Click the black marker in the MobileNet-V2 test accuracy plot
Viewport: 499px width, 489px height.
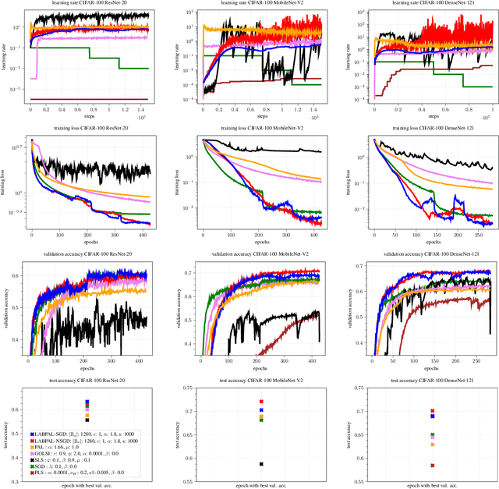pos(261,464)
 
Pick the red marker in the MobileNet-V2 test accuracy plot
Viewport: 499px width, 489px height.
pos(261,402)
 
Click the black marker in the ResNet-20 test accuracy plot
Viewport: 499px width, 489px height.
pos(88,420)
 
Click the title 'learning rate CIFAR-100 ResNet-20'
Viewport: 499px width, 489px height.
pos(88,3)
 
